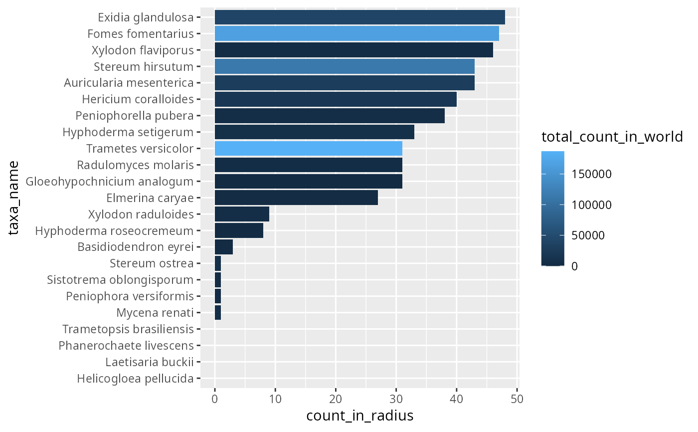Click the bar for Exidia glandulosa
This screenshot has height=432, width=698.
(x=359, y=17)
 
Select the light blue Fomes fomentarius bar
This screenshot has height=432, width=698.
(x=356, y=34)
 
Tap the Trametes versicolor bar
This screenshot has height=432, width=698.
(x=308, y=149)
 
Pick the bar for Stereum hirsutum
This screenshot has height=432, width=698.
(x=344, y=67)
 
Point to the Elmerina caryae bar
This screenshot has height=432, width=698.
(x=296, y=198)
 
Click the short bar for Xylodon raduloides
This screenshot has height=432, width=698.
(x=242, y=215)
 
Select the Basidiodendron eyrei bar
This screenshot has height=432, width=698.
(x=223, y=247)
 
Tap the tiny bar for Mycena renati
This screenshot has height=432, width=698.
(x=218, y=313)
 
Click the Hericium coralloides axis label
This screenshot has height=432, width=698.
(x=138, y=100)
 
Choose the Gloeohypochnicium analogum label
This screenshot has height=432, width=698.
(x=110, y=182)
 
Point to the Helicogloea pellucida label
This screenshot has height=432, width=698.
(x=135, y=379)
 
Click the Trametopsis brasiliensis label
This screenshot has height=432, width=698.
(x=128, y=330)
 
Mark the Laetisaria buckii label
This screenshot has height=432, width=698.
(x=149, y=363)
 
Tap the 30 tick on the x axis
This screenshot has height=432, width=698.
(x=396, y=399)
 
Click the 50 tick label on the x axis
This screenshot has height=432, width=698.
(x=517, y=399)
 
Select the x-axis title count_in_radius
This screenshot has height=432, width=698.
(x=359, y=416)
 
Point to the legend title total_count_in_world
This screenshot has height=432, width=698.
(x=612, y=137)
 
